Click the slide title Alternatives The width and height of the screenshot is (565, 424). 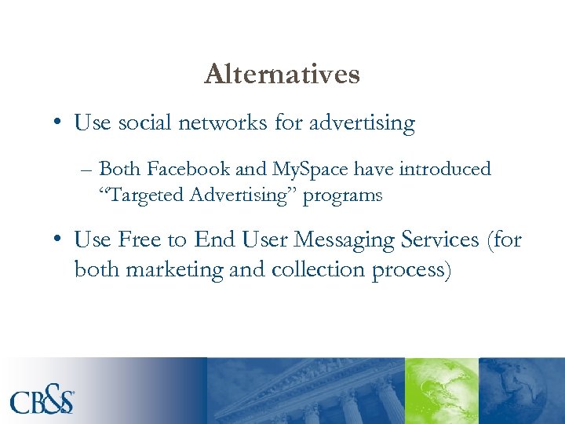click(282, 75)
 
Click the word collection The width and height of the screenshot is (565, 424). click(310, 269)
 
